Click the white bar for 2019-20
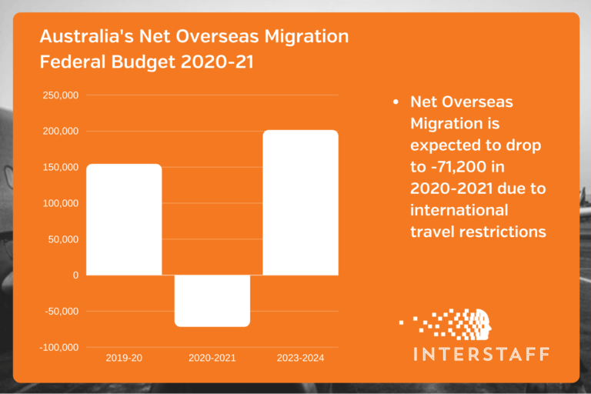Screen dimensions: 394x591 tap(124, 219)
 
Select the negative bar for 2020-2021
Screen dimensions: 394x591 tap(212, 300)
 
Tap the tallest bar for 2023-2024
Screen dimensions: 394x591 tap(300, 202)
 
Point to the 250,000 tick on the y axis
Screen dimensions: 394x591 tap(61, 95)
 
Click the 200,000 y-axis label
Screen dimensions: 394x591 tap(61, 132)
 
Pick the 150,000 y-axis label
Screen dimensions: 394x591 tap(61, 168)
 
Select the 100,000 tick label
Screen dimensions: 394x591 tap(61, 203)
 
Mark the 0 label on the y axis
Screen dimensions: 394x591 tap(75, 275)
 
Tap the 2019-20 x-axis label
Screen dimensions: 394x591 tap(124, 359)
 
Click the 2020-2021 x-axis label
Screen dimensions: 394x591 tap(212, 359)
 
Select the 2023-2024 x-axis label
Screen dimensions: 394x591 tap(300, 359)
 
